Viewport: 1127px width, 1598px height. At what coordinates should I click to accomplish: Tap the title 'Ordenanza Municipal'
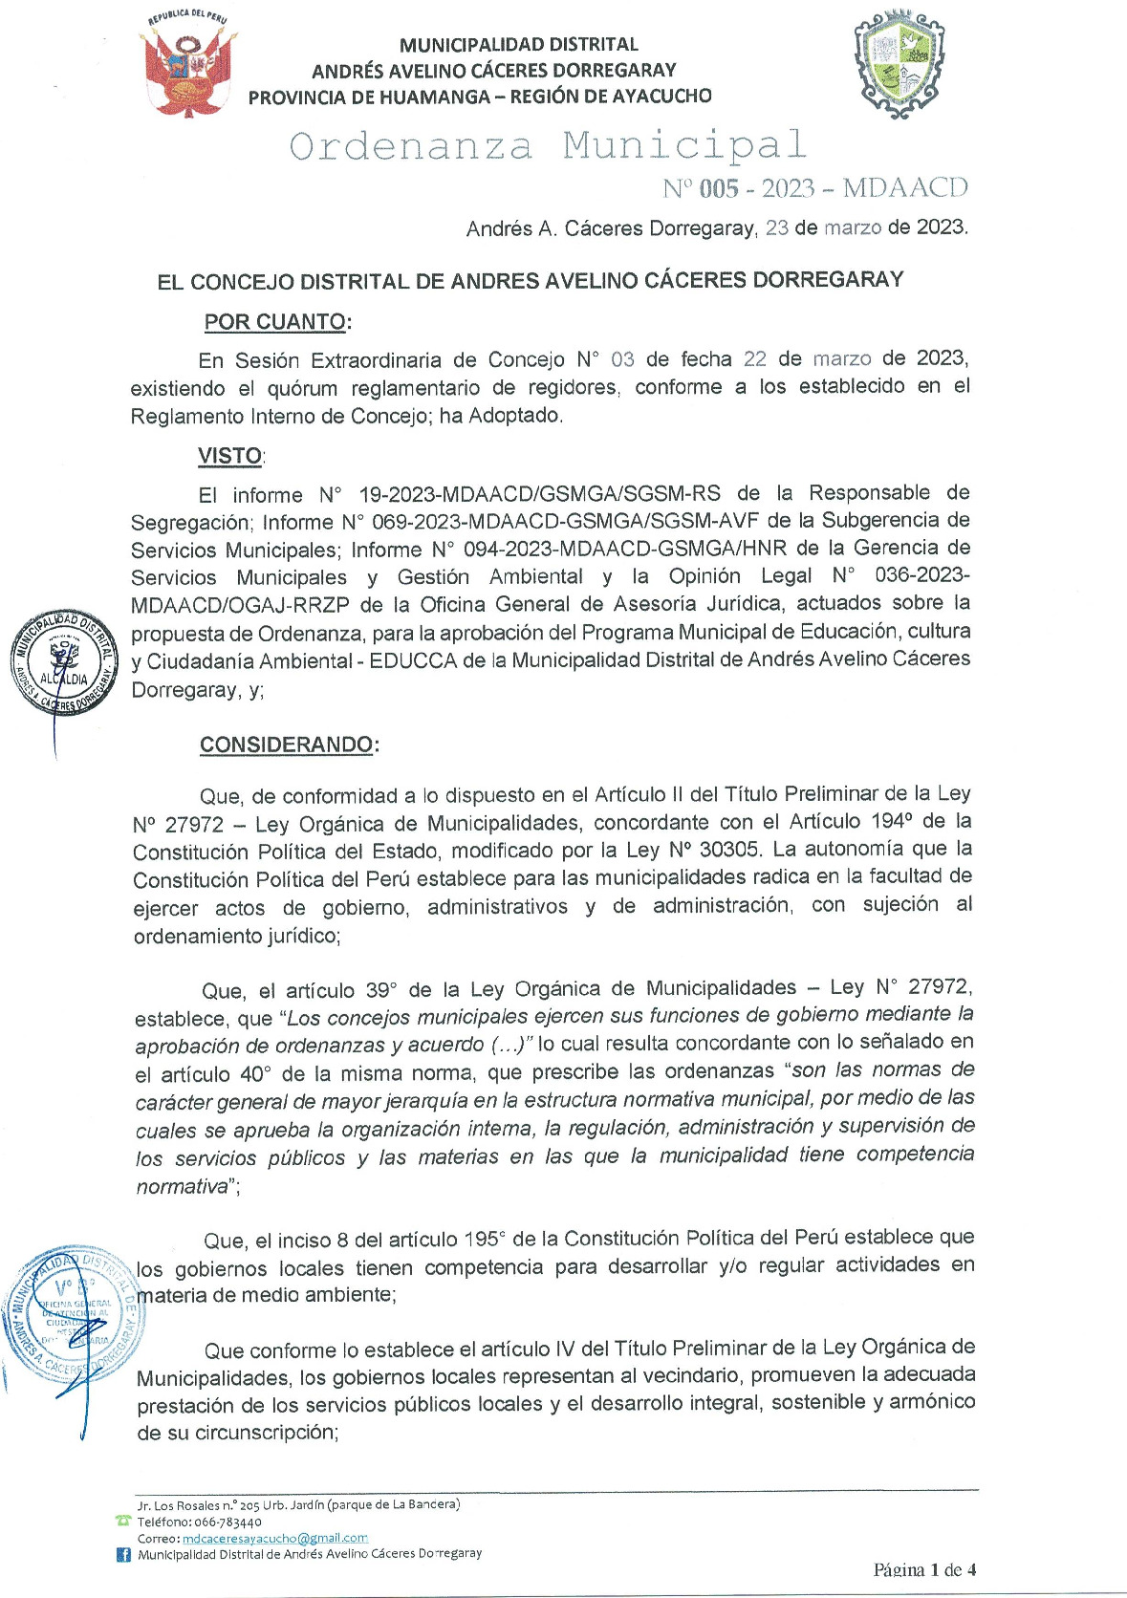point(548,146)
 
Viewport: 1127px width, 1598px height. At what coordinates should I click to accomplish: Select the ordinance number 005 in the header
point(719,188)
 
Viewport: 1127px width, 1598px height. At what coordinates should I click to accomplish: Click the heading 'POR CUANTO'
point(275,322)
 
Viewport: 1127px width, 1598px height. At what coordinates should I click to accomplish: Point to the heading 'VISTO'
point(229,456)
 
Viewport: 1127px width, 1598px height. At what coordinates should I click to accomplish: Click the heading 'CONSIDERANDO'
point(286,745)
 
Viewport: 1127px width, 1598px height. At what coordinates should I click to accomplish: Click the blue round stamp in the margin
point(72,1309)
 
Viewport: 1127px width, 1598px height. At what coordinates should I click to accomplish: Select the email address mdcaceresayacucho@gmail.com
point(275,1538)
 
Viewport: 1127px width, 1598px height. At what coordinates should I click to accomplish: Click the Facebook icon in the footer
point(123,1555)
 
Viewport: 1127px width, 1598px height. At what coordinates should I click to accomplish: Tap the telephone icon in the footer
point(122,1521)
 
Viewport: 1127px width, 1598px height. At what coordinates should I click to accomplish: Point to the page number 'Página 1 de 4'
point(924,1569)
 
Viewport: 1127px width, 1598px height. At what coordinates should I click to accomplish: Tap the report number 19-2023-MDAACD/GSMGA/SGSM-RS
point(539,494)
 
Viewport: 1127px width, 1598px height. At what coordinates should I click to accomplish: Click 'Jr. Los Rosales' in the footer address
point(178,1505)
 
